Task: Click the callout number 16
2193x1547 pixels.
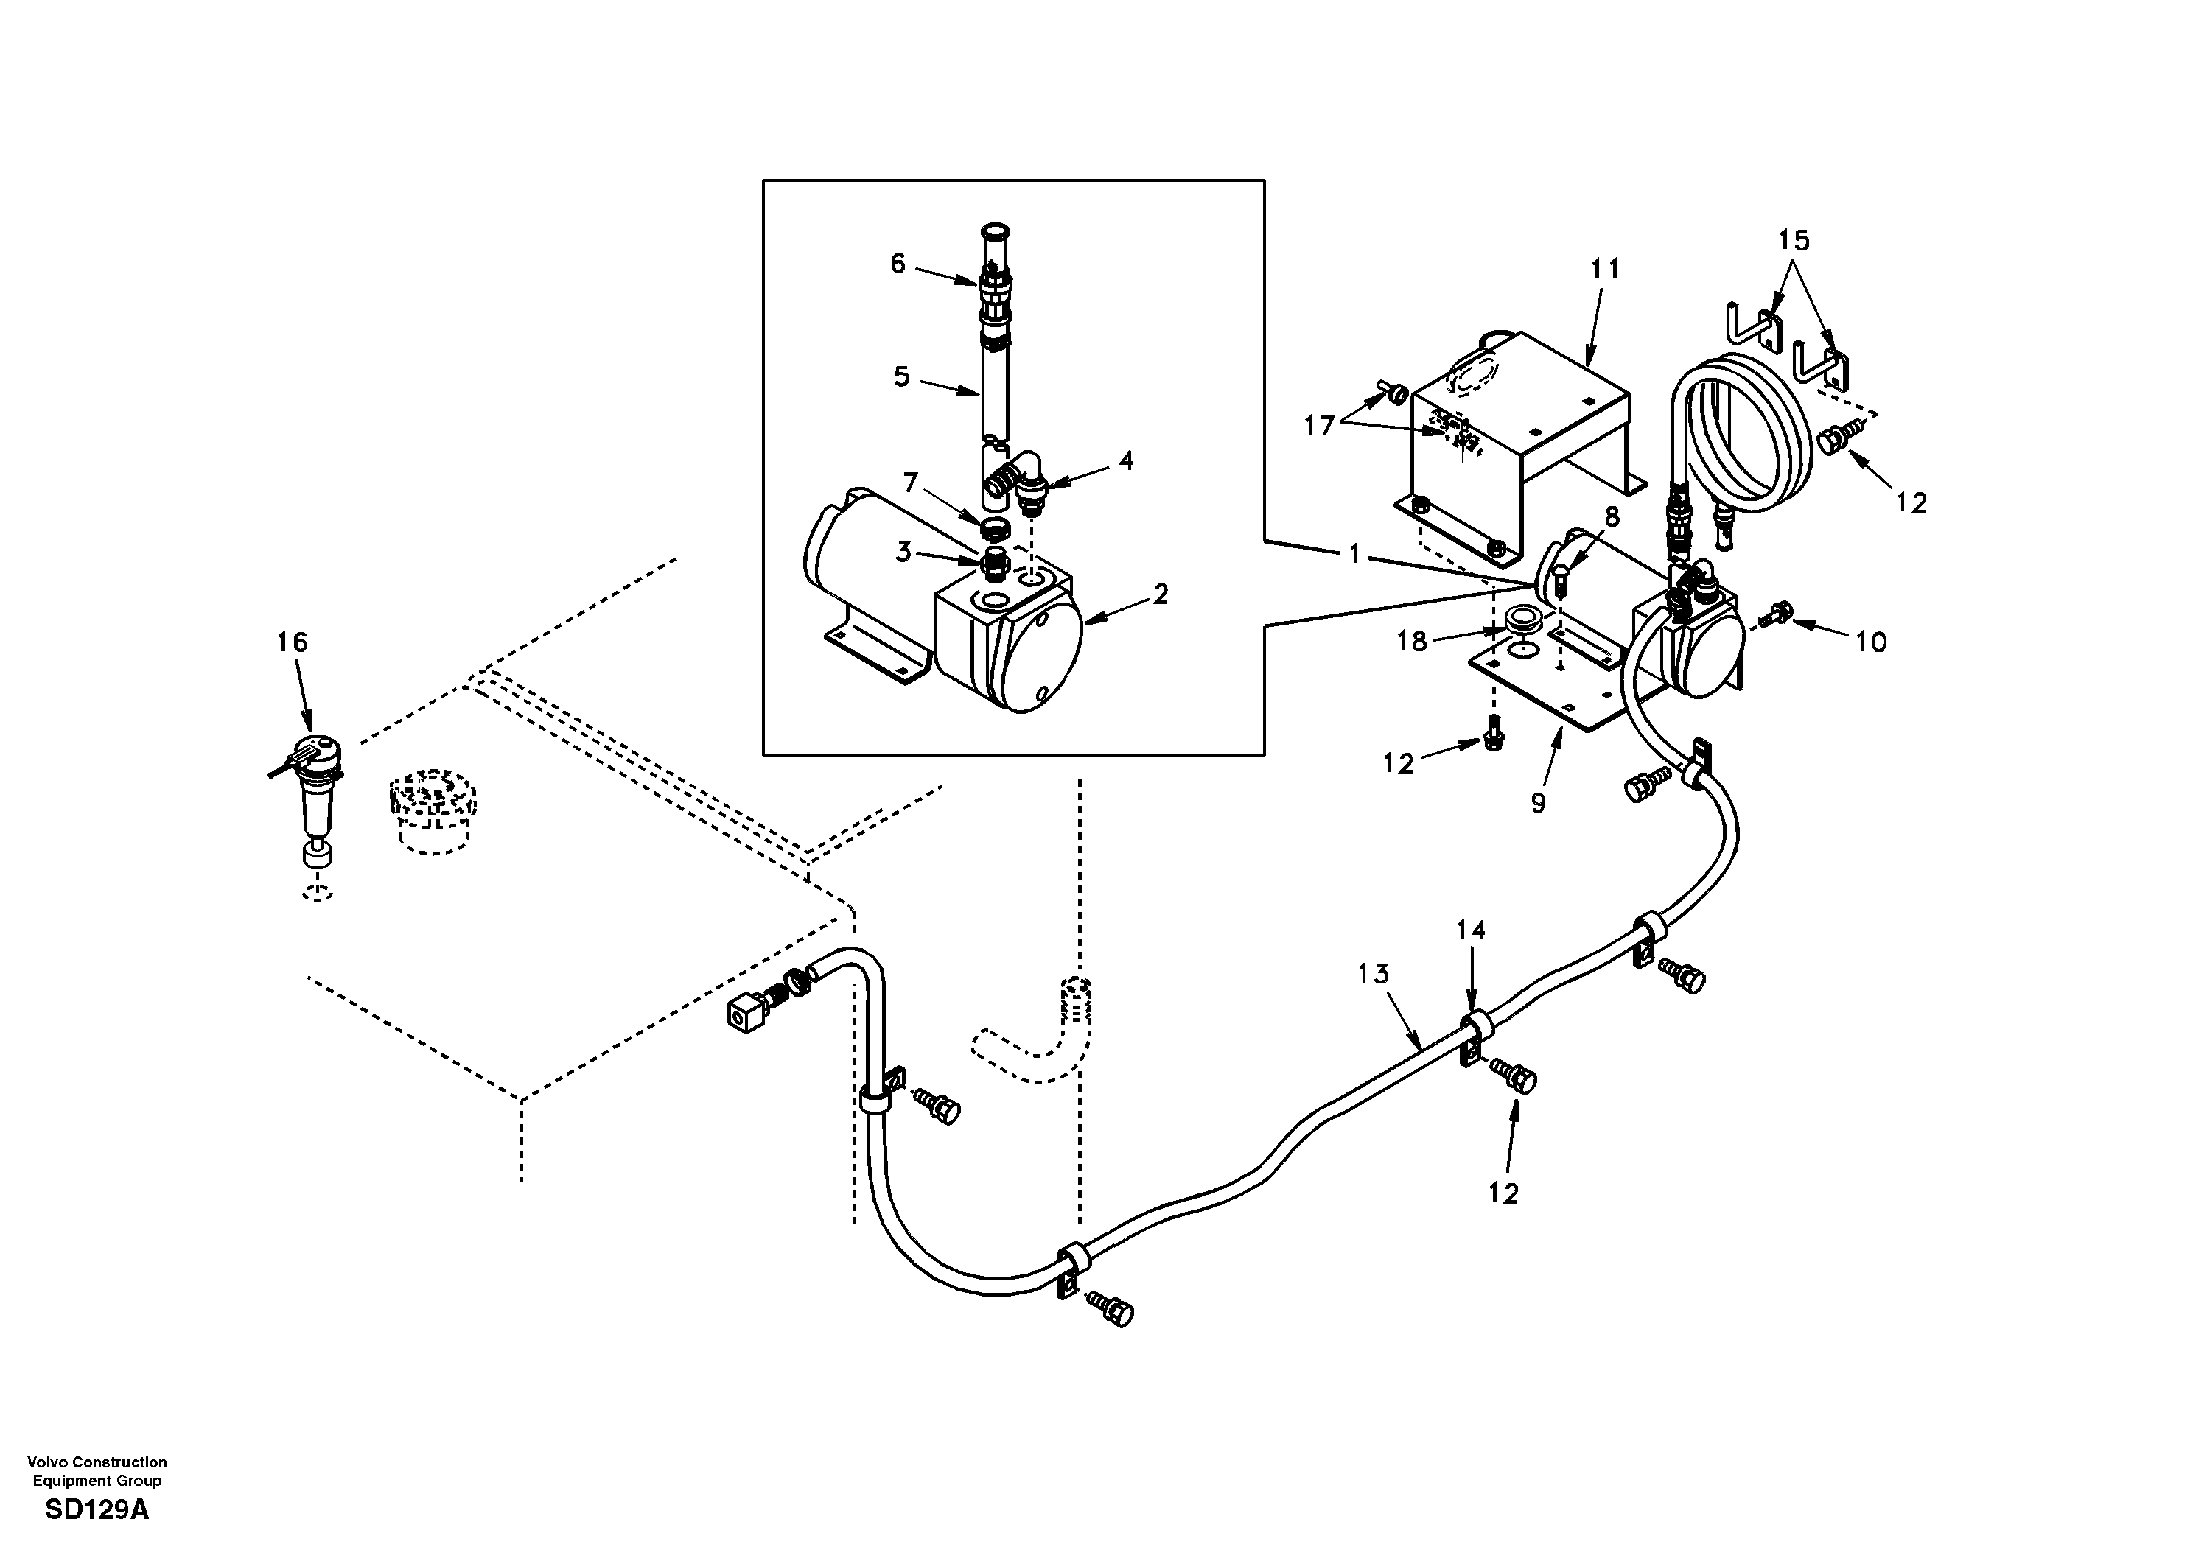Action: [x=293, y=642]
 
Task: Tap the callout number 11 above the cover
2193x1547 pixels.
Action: [x=1605, y=270]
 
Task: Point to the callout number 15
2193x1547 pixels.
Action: [x=1794, y=241]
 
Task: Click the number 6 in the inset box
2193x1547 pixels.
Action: [x=897, y=264]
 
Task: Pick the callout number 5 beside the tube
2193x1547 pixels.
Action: [x=900, y=376]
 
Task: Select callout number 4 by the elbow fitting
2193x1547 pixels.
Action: [x=1126, y=461]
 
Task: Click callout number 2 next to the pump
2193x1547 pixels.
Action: [x=1160, y=595]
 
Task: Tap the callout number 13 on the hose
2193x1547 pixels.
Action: [x=1374, y=974]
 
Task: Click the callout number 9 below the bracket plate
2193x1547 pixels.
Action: [x=1538, y=803]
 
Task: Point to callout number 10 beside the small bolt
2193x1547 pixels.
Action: [x=1870, y=642]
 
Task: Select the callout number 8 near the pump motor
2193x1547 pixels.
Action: [x=1612, y=516]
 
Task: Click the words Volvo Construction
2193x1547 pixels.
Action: [x=97, y=1462]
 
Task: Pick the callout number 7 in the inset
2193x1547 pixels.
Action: [x=910, y=483]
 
